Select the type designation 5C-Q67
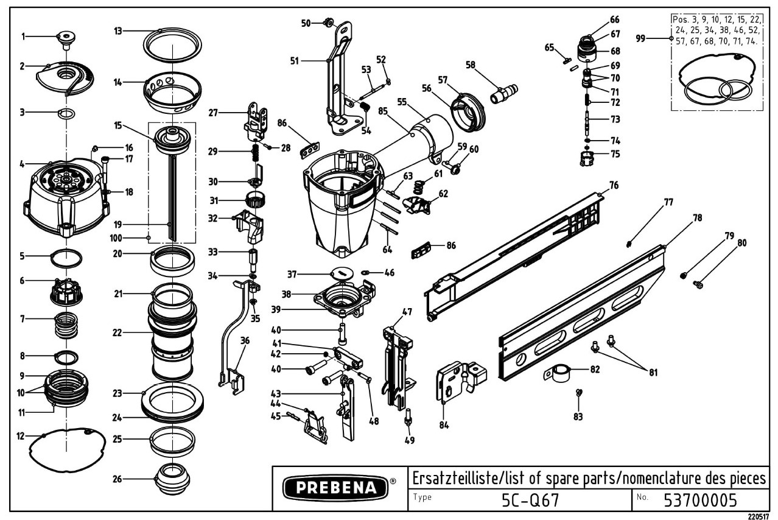530,501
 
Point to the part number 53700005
700,501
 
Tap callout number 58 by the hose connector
471,65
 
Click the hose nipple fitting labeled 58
504,93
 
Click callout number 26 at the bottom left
117,479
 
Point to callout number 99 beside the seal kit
640,38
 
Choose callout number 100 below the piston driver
116,238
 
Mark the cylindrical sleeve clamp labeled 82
557,373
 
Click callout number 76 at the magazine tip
614,185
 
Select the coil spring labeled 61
419,187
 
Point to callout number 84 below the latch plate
444,424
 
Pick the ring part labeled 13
173,45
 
